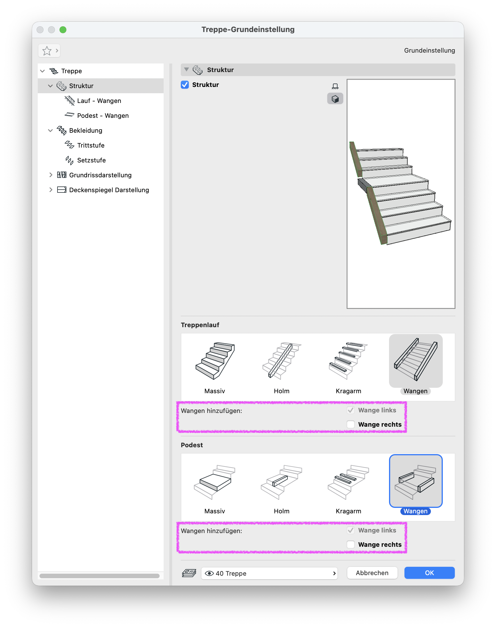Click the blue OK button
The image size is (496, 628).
(429, 573)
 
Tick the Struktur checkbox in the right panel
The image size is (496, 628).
(185, 85)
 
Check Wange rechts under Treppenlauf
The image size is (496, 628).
(350, 424)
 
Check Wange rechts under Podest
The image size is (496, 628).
(350, 544)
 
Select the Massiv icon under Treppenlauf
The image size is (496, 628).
(215, 361)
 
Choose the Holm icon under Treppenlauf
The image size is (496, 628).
(282, 361)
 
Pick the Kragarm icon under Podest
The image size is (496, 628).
(348, 482)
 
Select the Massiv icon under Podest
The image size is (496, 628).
(215, 482)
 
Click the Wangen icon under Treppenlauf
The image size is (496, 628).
(416, 360)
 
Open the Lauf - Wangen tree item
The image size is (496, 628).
(99, 101)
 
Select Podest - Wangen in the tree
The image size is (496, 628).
(103, 116)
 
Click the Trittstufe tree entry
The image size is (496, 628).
(91, 145)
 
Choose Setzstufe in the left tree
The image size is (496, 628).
(91, 160)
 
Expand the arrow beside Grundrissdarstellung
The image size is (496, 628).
(51, 175)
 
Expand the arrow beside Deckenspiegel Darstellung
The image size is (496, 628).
(51, 190)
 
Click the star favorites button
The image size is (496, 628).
(47, 51)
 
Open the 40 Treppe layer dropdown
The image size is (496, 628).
(269, 573)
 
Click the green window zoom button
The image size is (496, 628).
(63, 30)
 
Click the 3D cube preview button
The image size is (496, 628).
(335, 99)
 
